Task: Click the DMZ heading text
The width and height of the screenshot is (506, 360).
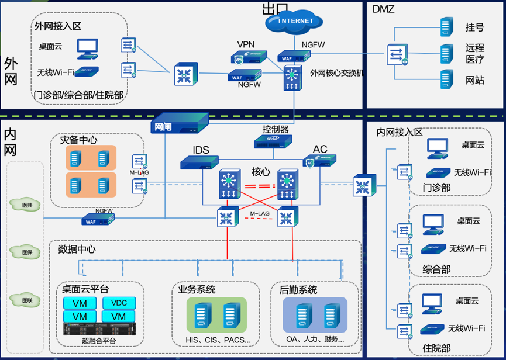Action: click(x=383, y=9)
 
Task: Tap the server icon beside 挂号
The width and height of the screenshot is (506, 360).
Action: click(x=447, y=27)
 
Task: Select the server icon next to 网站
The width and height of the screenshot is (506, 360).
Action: click(x=447, y=79)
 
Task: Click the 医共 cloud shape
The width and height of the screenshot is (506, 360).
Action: click(x=27, y=205)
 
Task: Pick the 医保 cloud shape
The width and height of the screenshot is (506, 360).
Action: click(x=27, y=252)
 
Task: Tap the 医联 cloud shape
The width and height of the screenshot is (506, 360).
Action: click(x=27, y=300)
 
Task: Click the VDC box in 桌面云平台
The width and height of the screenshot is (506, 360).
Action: click(x=119, y=303)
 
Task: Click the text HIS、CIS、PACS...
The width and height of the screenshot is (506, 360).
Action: click(x=215, y=339)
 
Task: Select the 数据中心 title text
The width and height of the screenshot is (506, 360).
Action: click(x=77, y=249)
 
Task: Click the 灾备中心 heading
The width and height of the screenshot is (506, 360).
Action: click(x=79, y=140)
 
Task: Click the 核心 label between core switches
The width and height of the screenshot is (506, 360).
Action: click(x=261, y=172)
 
